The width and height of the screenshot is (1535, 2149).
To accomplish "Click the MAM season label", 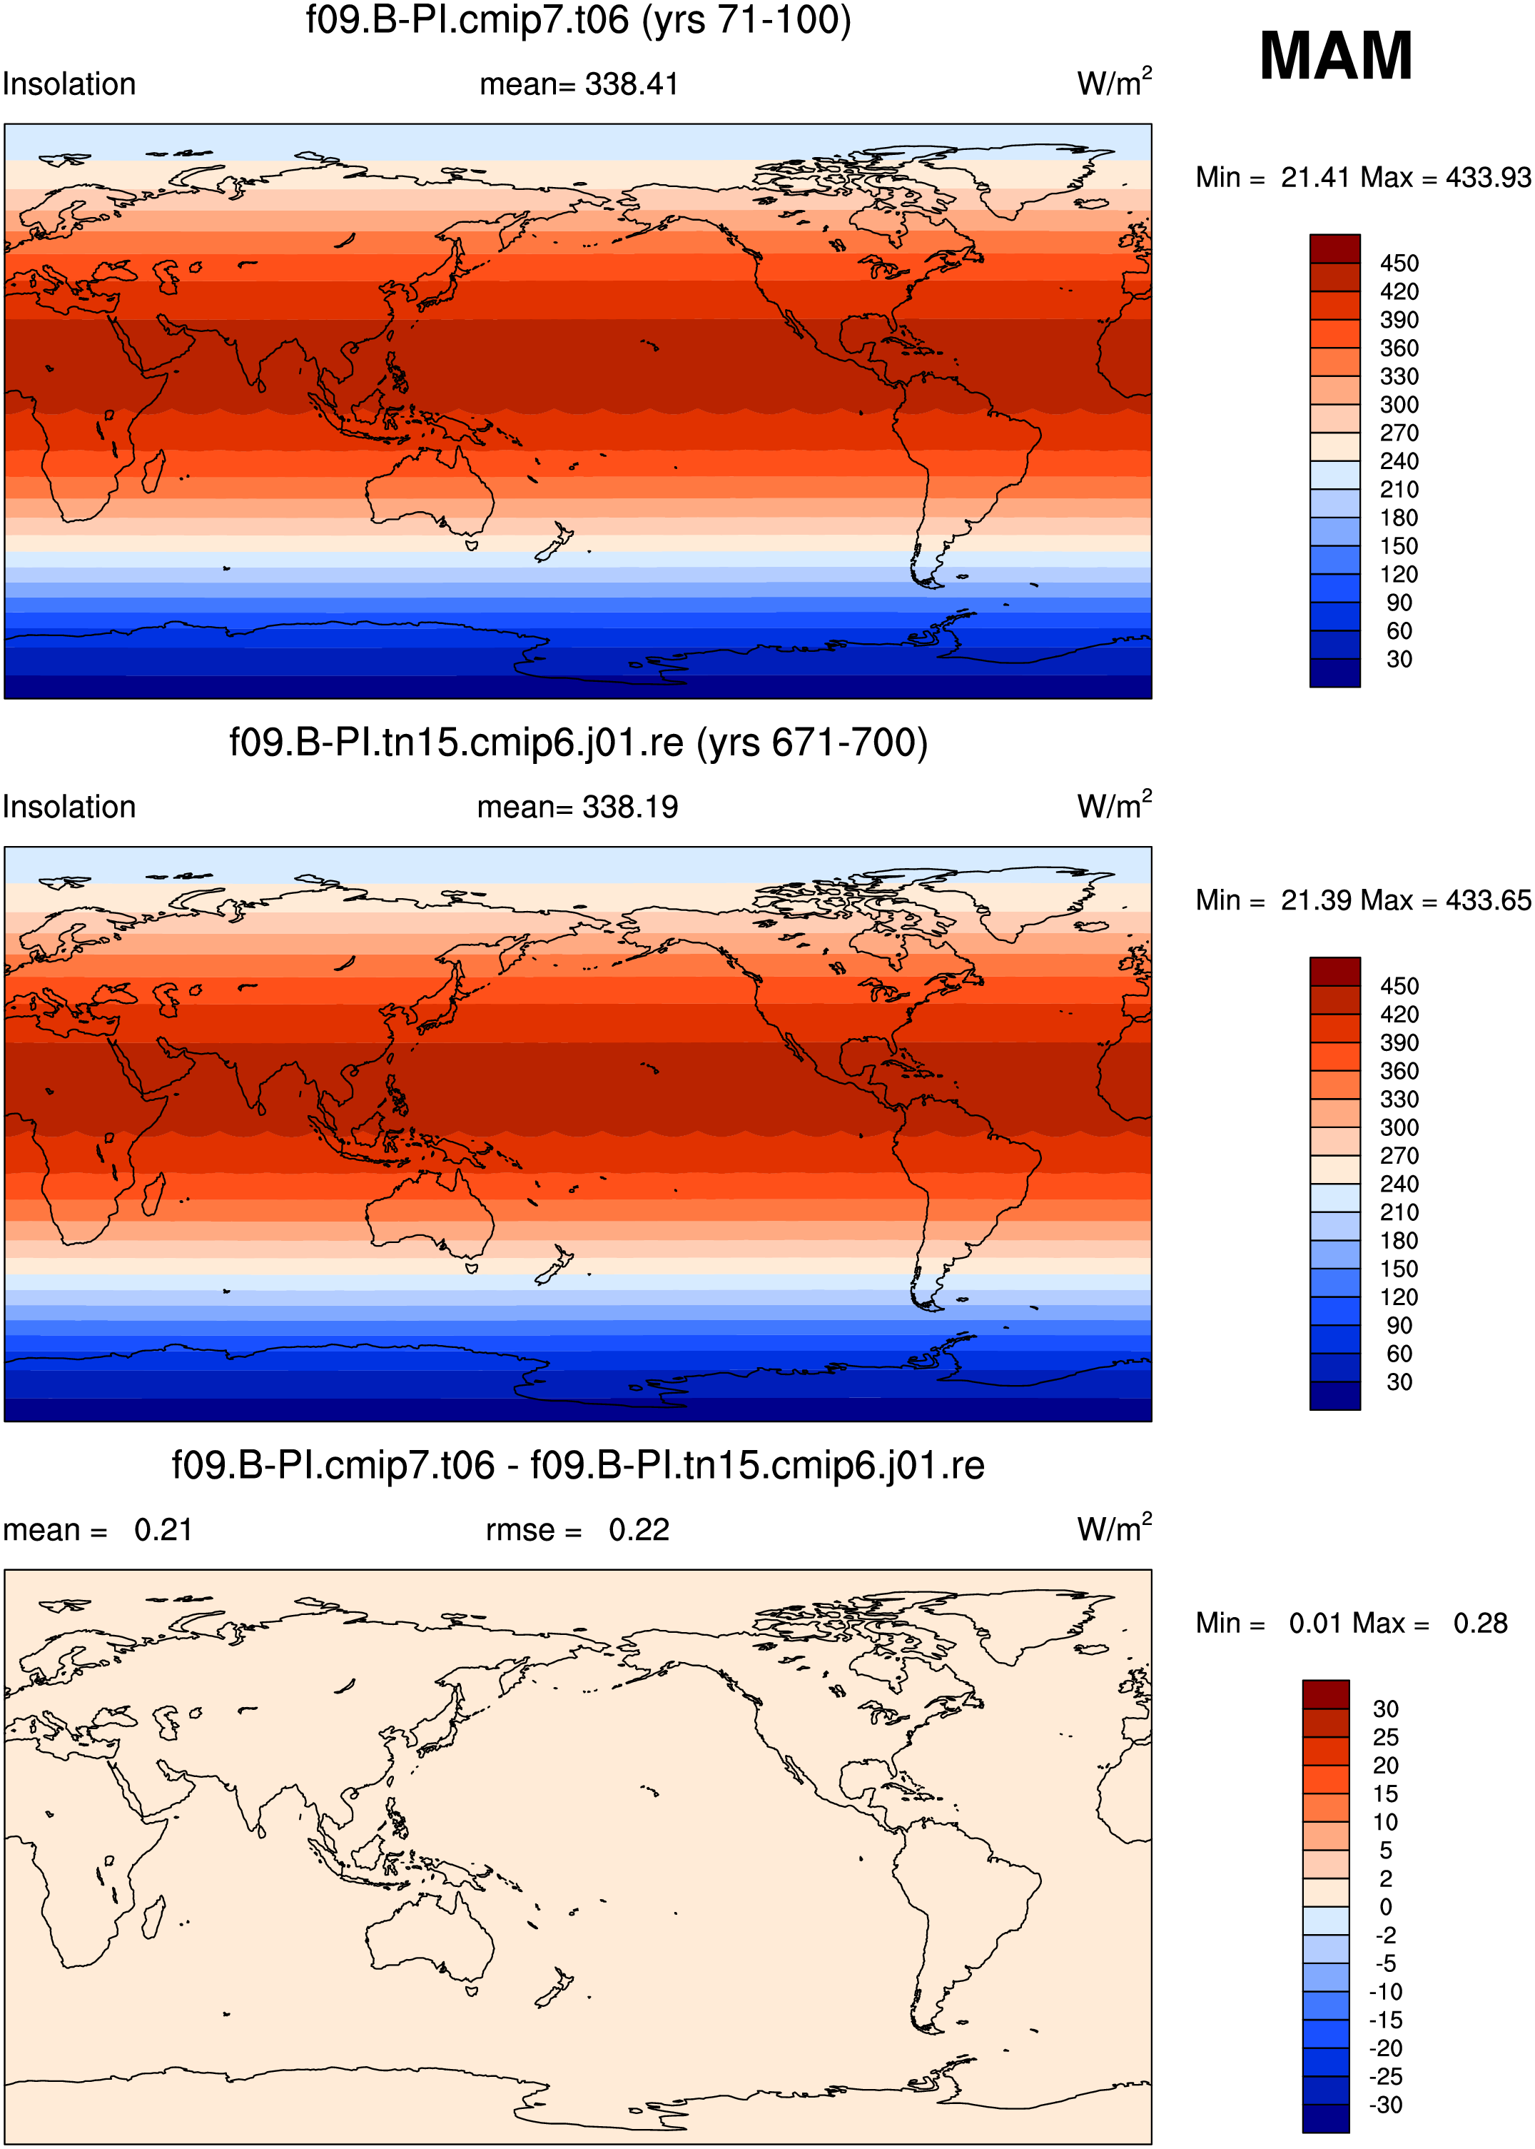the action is click(1336, 56).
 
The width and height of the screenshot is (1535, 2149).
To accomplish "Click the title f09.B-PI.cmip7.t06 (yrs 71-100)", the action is click(579, 20).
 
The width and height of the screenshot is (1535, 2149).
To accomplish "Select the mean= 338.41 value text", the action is click(579, 84).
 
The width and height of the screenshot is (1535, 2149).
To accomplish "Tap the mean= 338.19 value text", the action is click(577, 807).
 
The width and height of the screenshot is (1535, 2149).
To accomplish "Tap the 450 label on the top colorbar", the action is click(1399, 263).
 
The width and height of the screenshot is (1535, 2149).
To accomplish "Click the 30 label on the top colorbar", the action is click(1399, 659).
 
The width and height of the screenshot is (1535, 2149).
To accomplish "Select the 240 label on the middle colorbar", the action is click(1399, 1184).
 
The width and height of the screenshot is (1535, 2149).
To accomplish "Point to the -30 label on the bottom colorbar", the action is click(1387, 2105).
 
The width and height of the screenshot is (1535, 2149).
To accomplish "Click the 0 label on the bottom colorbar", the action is click(1386, 1906).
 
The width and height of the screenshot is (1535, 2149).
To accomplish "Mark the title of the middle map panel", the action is click(579, 743).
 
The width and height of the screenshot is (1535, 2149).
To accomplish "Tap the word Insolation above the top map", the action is click(69, 84).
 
